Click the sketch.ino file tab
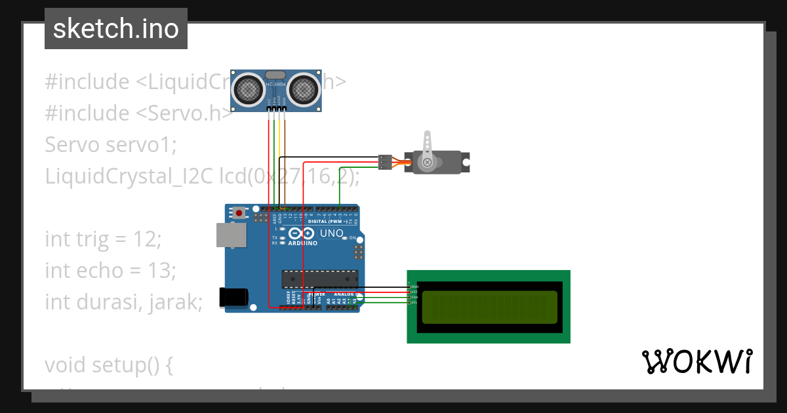pyautogui.click(x=116, y=29)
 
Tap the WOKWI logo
pyautogui.click(x=696, y=362)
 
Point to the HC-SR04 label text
pyautogui.click(x=276, y=85)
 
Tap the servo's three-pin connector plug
pyautogui.click(x=386, y=162)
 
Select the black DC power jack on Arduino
pyautogui.click(x=233, y=297)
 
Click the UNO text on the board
pyautogui.click(x=331, y=233)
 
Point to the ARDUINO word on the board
pyautogui.click(x=302, y=243)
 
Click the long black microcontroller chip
pyautogui.click(x=320, y=279)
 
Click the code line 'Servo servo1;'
pyautogui.click(x=111, y=144)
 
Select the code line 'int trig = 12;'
pyautogui.click(x=103, y=239)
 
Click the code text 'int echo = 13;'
pyautogui.click(x=110, y=270)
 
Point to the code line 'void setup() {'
pyautogui.click(x=109, y=364)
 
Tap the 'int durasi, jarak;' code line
pyautogui.click(x=124, y=302)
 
